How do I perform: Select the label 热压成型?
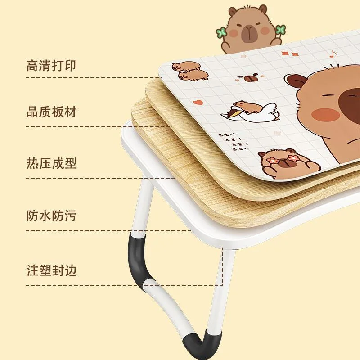point(51,163)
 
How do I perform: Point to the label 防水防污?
point(51,216)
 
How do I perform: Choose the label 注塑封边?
point(51,270)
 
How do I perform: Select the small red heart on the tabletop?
point(198,102)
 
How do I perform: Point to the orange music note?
point(333,54)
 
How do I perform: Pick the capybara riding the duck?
point(247,106)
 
